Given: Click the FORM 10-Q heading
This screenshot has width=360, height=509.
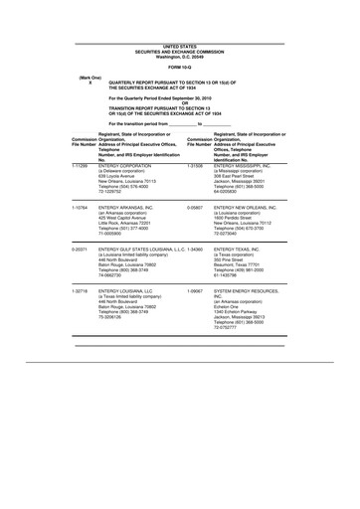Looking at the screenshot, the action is click(x=180, y=67).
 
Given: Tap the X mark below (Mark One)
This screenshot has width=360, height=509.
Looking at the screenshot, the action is click(x=90, y=84).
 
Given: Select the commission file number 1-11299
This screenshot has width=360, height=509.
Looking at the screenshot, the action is click(x=83, y=164).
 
